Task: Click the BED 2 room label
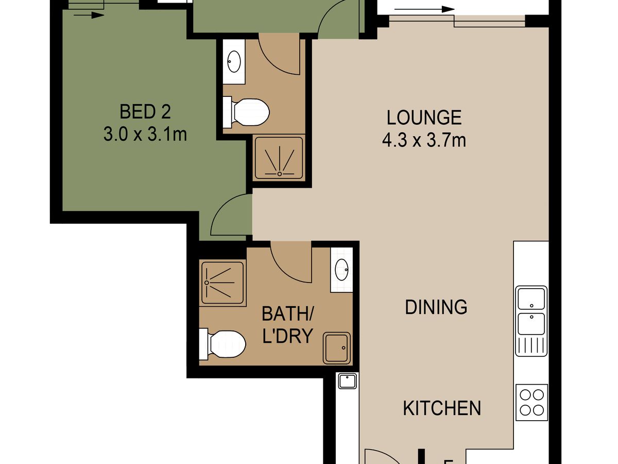(x=145, y=111)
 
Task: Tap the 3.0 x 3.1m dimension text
(x=145, y=135)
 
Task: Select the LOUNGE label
(x=424, y=118)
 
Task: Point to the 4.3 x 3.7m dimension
(x=424, y=140)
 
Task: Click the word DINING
(x=436, y=307)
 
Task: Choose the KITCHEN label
(x=442, y=408)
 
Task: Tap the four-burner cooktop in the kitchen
(x=531, y=403)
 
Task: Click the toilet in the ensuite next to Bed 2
(x=246, y=112)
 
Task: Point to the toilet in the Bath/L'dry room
(x=222, y=344)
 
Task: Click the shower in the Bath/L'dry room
(x=222, y=283)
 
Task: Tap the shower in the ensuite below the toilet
(x=279, y=158)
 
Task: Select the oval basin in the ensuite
(x=234, y=61)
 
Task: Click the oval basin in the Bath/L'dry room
(x=341, y=269)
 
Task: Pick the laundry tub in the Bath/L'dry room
(x=337, y=348)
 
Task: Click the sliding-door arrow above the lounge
(x=424, y=9)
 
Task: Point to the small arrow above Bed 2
(x=89, y=15)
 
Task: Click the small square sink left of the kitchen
(x=347, y=381)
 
